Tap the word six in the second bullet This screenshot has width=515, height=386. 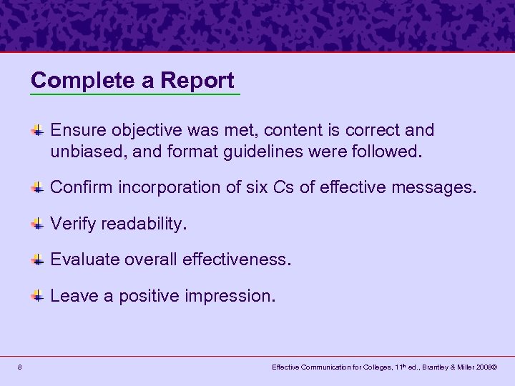[245, 188]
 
